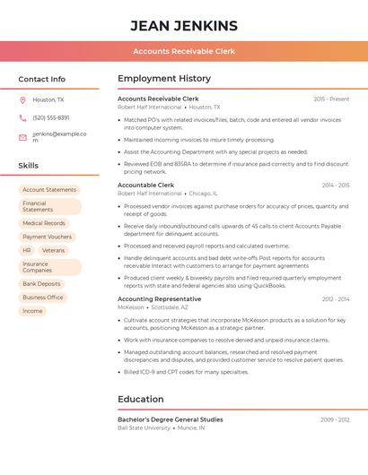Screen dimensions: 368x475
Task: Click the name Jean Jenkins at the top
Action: (183, 25)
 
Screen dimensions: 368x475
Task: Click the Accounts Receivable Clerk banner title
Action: (184, 51)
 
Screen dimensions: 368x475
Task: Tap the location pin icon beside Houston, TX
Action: (22, 99)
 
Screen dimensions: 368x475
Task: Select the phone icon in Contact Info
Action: (22, 117)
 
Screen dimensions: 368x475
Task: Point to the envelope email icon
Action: (22, 137)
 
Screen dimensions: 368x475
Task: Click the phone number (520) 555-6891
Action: (50, 117)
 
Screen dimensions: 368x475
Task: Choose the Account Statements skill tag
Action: (49, 190)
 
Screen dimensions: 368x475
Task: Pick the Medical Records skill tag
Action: (44, 223)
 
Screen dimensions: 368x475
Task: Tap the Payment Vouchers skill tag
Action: (48, 237)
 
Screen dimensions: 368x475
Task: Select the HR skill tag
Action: (27, 250)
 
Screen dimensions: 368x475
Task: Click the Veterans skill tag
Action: (54, 250)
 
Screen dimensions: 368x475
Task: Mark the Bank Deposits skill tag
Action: (42, 283)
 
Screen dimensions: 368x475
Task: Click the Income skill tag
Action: (32, 311)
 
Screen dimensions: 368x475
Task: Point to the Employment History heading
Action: (164, 78)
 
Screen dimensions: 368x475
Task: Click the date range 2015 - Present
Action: (331, 99)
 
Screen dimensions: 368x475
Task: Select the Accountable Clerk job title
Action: (145, 185)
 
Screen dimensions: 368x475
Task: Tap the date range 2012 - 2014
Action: (336, 299)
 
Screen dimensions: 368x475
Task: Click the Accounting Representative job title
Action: (159, 298)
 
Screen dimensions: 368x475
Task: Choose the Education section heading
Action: (141, 399)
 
